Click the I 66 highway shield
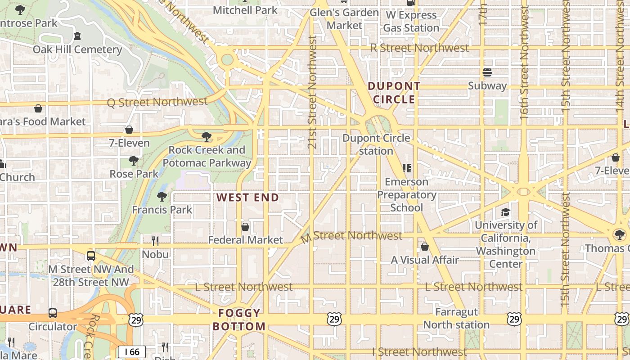click(x=132, y=351)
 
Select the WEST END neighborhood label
click(x=247, y=198)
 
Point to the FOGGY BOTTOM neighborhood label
click(x=239, y=320)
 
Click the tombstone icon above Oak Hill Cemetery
click(x=77, y=36)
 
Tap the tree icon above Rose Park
click(x=134, y=161)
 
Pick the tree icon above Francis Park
click(x=162, y=196)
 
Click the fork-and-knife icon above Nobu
click(x=155, y=241)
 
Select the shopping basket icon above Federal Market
click(x=245, y=227)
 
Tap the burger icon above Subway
click(x=487, y=72)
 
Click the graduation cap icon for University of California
click(x=506, y=212)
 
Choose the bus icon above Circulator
click(x=53, y=313)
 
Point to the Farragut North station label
click(x=456, y=318)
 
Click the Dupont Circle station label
click(x=376, y=144)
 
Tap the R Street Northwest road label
click(x=419, y=48)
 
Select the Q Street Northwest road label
click(x=157, y=102)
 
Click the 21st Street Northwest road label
click(x=313, y=92)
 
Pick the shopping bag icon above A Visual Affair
click(x=425, y=247)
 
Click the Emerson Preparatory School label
click(x=406, y=195)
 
